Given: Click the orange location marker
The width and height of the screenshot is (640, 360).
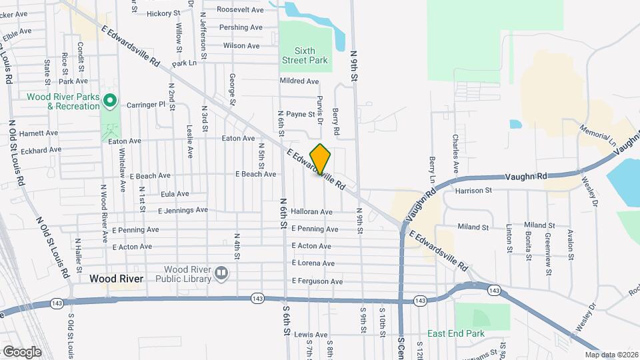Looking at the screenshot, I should click(x=321, y=159).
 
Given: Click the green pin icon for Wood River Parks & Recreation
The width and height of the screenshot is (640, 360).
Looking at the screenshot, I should click(x=111, y=101).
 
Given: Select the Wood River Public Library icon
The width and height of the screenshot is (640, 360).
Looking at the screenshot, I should click(x=221, y=272).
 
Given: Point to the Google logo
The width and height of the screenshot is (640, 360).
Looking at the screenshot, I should click(x=22, y=351).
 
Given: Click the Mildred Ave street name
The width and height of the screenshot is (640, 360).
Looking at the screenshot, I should click(x=300, y=81).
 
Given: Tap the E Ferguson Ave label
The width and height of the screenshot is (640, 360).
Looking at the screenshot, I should click(x=317, y=281).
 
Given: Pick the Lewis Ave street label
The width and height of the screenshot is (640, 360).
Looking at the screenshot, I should click(x=312, y=334).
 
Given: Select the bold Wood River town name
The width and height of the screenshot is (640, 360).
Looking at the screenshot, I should click(x=117, y=279).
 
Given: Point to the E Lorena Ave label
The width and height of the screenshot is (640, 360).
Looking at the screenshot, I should click(x=313, y=263).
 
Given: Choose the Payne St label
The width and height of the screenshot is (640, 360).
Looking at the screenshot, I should click(x=301, y=115).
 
